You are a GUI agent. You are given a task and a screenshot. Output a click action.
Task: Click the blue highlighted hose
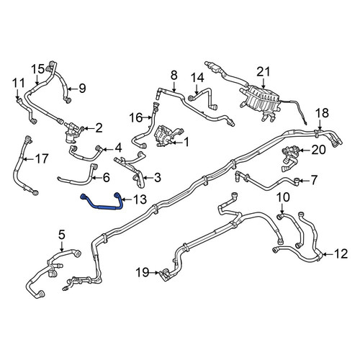click(x=103, y=207)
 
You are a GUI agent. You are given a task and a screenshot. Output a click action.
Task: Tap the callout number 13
click(x=139, y=199)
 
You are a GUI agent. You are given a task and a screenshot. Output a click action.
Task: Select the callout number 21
click(x=264, y=72)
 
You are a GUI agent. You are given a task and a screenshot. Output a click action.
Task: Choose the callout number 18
click(x=322, y=113)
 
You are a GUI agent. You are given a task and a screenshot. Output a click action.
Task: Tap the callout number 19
click(x=143, y=273)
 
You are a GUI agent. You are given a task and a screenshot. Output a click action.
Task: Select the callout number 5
click(x=62, y=235)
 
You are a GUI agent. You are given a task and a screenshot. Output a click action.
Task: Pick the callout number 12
click(x=341, y=254)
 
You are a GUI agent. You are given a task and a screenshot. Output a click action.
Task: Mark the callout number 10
click(x=283, y=197)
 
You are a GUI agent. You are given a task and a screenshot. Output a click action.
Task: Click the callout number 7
click(x=314, y=179)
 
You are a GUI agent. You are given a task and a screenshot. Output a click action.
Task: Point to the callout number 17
click(x=42, y=158)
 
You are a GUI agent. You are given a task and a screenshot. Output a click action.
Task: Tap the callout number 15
click(x=38, y=69)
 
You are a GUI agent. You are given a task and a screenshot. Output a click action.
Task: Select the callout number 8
click(x=174, y=75)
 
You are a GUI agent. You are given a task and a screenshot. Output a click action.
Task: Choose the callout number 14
click(x=197, y=78)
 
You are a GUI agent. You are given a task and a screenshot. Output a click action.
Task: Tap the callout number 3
click(x=158, y=178)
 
